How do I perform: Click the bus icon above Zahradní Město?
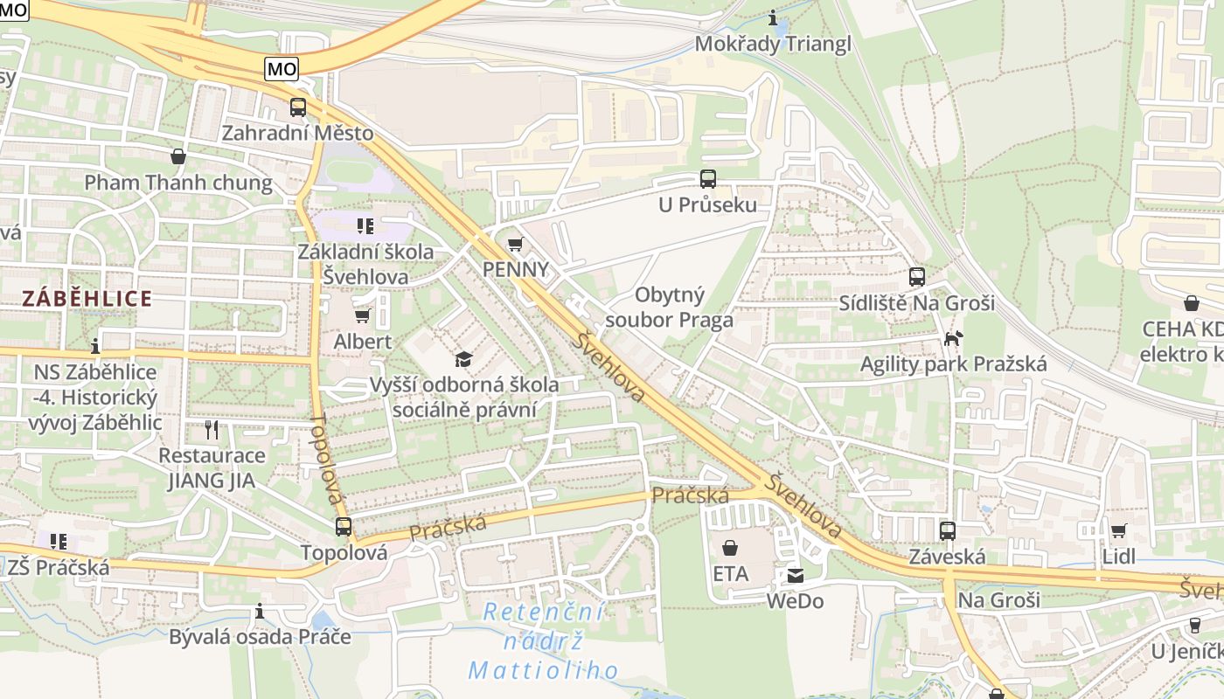[x=298, y=107]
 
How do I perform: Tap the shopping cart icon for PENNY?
[x=515, y=244]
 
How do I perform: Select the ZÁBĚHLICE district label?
[x=87, y=299]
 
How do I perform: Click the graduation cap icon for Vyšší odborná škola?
[x=463, y=358]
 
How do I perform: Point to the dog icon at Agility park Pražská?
[x=953, y=337]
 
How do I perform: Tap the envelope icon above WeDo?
[x=795, y=576]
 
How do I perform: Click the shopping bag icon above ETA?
[x=730, y=548]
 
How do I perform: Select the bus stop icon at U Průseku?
[x=707, y=179]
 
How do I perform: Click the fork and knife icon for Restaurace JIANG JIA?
[x=211, y=429]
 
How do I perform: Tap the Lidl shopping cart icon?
[x=1118, y=530]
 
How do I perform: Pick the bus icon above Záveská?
[x=947, y=530]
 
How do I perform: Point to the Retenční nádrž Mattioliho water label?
[x=544, y=640]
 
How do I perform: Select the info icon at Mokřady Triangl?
[x=772, y=17]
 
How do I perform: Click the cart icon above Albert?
[x=362, y=315]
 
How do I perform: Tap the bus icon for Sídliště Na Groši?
[x=916, y=277]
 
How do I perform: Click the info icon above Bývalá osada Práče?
[x=260, y=610]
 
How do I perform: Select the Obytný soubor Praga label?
[x=669, y=307]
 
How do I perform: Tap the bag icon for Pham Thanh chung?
[x=178, y=156]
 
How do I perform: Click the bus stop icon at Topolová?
[x=344, y=527]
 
